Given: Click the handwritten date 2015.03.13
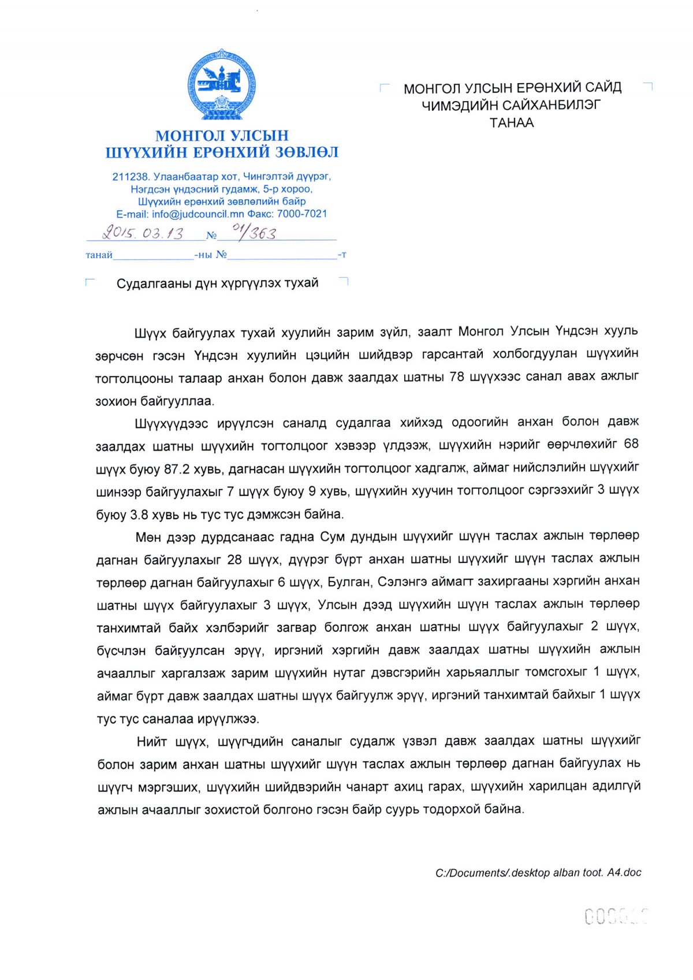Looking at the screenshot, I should pyautogui.click(x=142, y=233).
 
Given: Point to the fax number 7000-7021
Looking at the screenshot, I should pyautogui.click(x=302, y=214).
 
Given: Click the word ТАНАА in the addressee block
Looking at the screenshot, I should pyautogui.click(x=512, y=122).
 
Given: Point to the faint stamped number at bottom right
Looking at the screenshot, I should pyautogui.click(x=616, y=916).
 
